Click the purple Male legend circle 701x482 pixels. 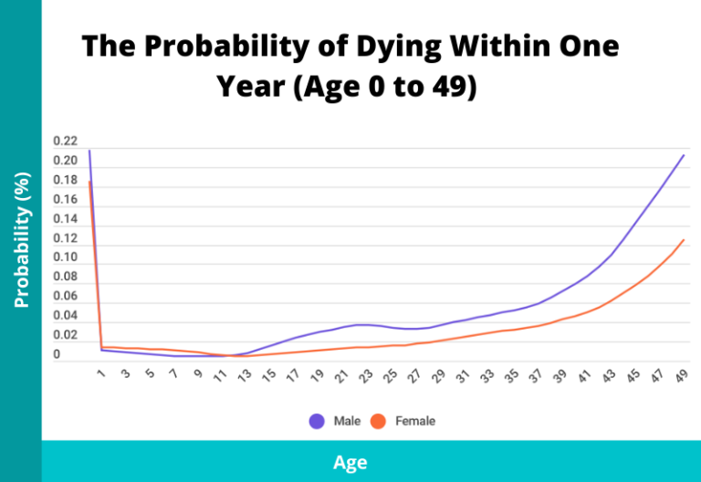pyautogui.click(x=317, y=421)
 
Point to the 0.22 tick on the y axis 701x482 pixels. pyautogui.click(x=65, y=141)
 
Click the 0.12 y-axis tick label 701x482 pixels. pyautogui.click(x=65, y=238)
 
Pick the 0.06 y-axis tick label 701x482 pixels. pyautogui.click(x=65, y=296)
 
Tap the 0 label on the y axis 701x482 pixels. pyautogui.click(x=57, y=354)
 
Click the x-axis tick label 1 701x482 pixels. pyautogui.click(x=101, y=372)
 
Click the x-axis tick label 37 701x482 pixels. pyautogui.click(x=534, y=375)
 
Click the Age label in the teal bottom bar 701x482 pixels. pyautogui.click(x=350, y=463)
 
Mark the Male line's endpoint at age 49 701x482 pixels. pyautogui.click(x=684, y=154)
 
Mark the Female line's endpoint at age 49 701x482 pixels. pyautogui.click(x=684, y=240)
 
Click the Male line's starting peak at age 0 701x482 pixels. pyautogui.click(x=89, y=151)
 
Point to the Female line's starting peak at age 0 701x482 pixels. pyautogui.click(x=89, y=182)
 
